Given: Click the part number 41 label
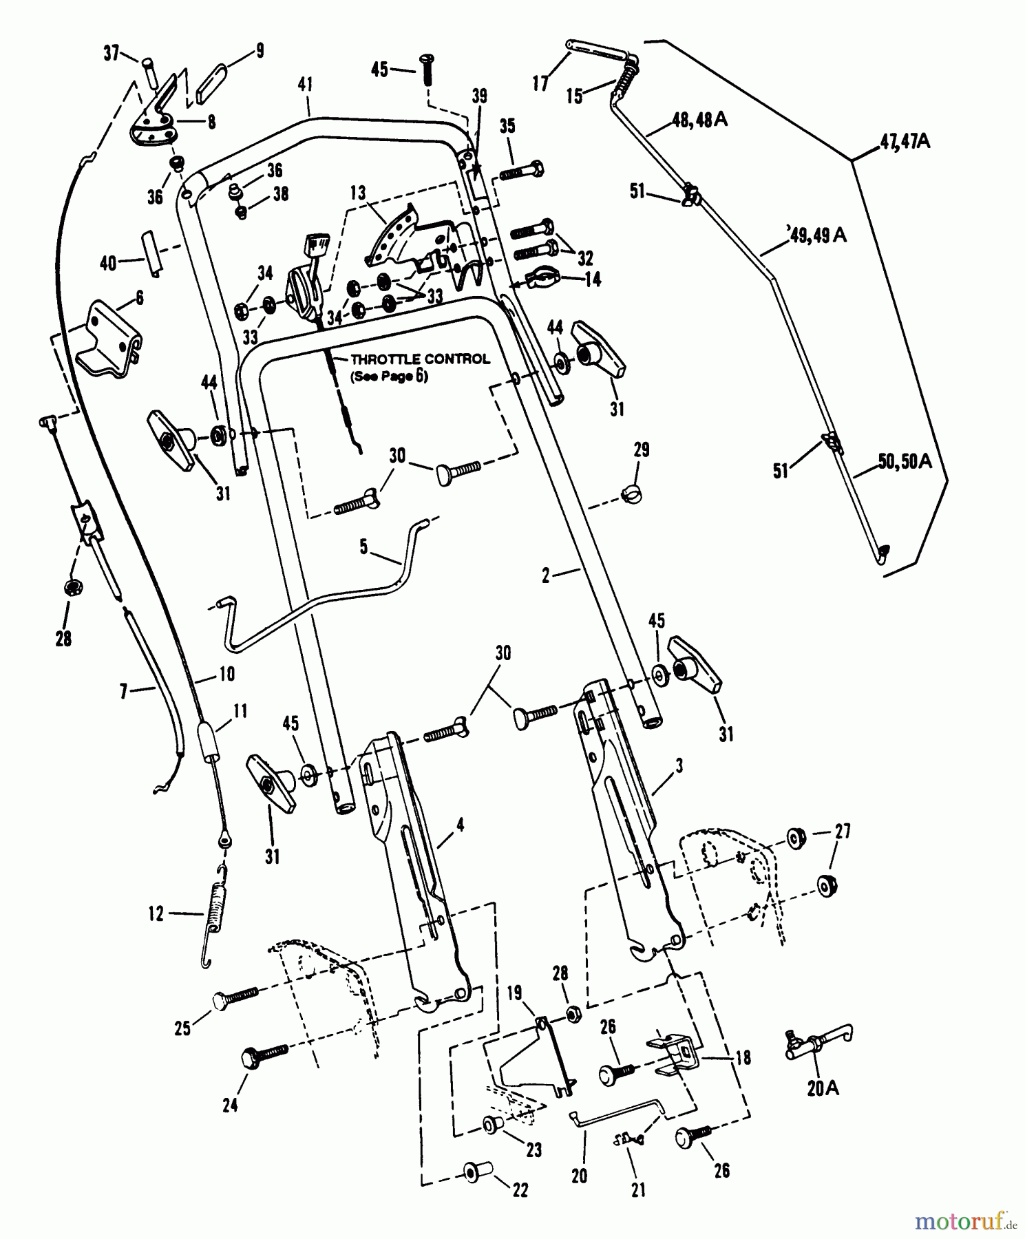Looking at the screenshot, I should click(306, 85).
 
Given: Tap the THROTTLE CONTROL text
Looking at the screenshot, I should click(420, 359).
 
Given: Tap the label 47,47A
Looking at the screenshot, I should click(905, 142).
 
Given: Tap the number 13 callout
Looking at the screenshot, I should click(357, 194).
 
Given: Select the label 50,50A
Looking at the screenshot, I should click(905, 462).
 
